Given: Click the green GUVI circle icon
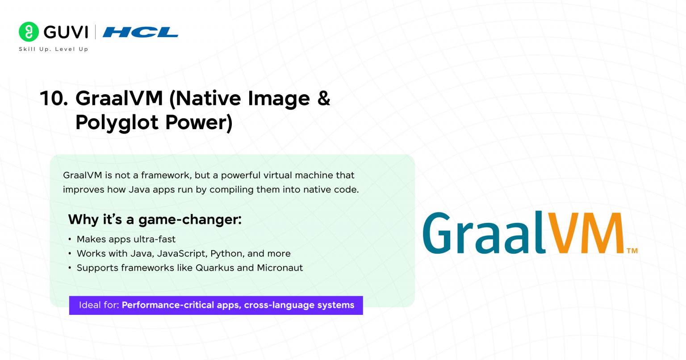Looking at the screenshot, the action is [x=29, y=32].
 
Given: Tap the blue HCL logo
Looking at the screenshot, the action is [x=141, y=32].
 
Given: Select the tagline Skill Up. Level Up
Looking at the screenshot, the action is [x=54, y=49].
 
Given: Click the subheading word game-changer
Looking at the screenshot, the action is [x=190, y=220].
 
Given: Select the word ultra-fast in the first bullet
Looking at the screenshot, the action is [x=156, y=239].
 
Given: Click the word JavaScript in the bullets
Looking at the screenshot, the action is [x=183, y=254].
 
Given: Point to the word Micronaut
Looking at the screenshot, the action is [x=280, y=268].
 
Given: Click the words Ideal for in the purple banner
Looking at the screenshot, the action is [x=99, y=305].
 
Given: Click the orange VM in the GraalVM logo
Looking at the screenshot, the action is [x=586, y=232].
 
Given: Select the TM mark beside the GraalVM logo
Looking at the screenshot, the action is [x=632, y=251].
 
